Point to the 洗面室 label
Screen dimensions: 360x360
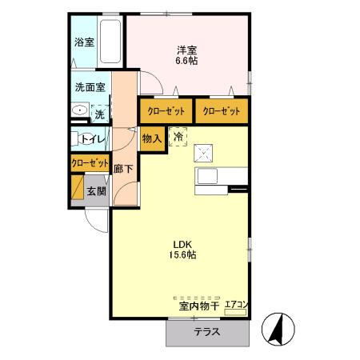tap(90, 87)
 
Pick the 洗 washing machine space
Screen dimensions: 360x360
tap(99, 114)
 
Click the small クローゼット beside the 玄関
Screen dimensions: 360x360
tap(89, 162)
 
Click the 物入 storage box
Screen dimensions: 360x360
tap(152, 138)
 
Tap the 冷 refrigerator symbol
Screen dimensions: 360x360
tap(178, 137)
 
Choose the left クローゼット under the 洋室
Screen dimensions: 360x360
tap(166, 110)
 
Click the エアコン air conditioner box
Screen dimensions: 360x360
tap(238, 304)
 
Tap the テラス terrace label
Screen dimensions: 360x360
tap(208, 332)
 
